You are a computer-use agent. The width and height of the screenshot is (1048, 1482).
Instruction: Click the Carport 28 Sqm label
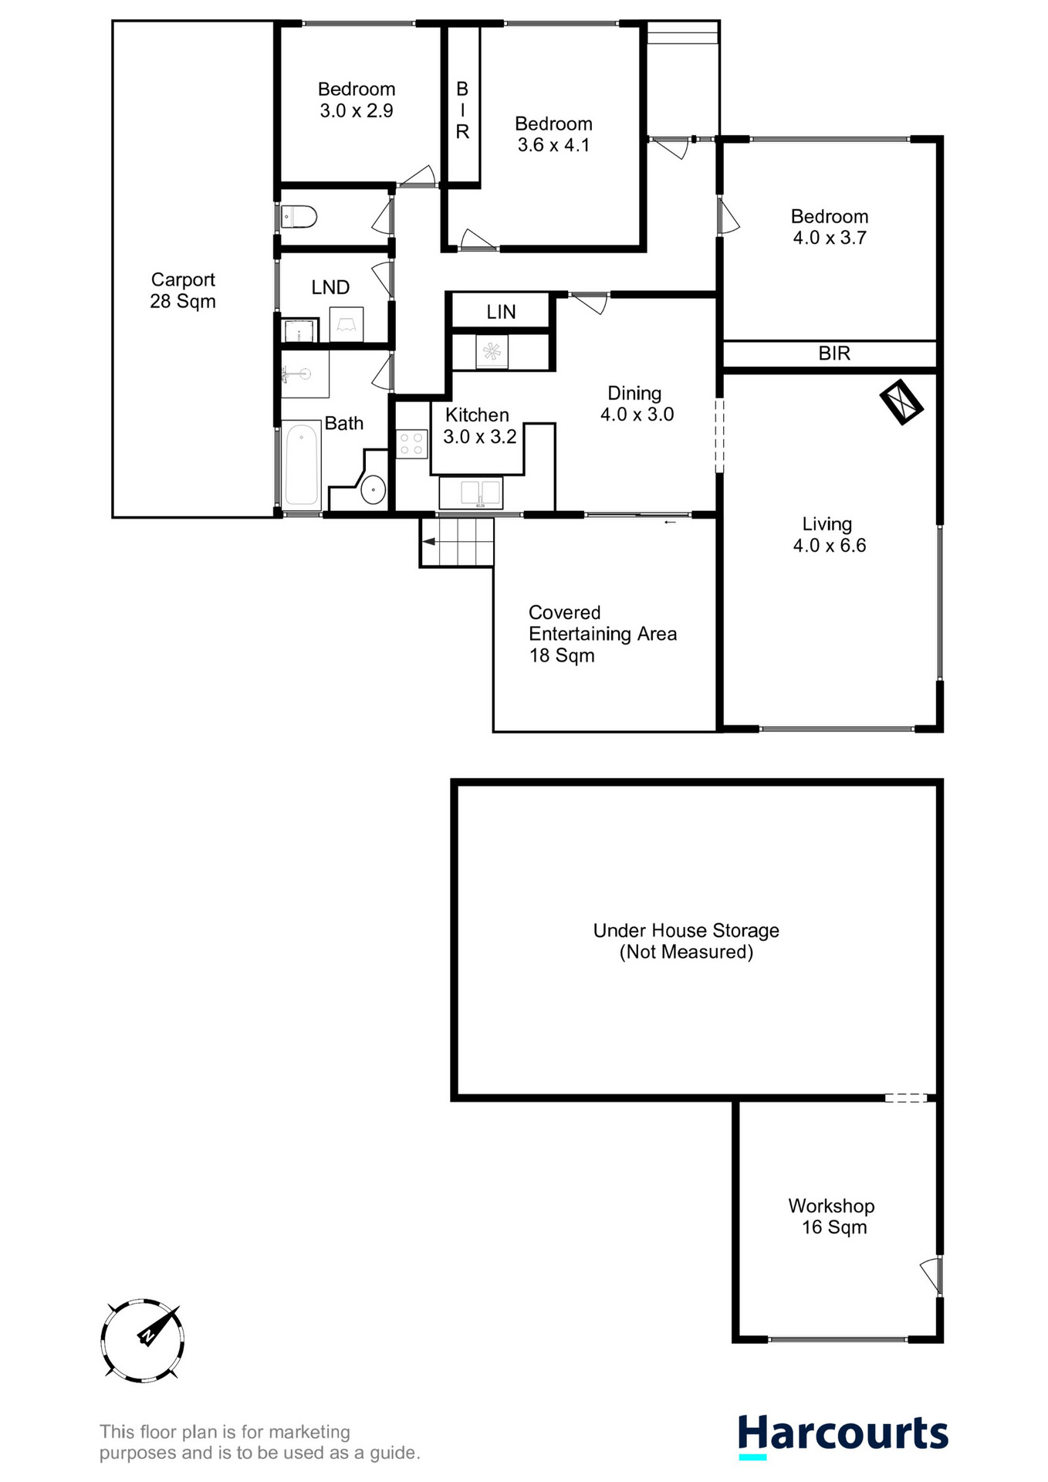click(183, 290)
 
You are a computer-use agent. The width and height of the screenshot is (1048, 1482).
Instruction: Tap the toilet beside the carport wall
click(299, 217)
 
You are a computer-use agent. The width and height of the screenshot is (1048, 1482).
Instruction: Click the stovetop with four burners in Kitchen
click(411, 443)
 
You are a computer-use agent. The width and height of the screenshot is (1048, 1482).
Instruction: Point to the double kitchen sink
click(471, 492)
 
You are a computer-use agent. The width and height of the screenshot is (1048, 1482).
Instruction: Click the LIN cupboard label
click(501, 312)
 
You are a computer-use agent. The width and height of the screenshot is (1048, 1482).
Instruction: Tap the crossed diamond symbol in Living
click(901, 401)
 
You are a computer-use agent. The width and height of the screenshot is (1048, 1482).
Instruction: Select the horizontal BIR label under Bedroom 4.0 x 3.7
click(834, 354)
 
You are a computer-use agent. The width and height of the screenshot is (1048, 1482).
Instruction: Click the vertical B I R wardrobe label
click(462, 110)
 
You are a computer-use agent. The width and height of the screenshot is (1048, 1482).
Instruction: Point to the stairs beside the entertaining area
click(457, 542)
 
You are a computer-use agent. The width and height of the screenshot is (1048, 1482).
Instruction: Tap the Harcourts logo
click(843, 1435)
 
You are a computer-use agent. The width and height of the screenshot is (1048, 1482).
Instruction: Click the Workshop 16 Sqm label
click(832, 1216)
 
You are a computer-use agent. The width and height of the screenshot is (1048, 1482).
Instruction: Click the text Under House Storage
click(686, 930)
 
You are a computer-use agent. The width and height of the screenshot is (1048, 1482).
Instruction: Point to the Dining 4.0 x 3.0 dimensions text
click(637, 414)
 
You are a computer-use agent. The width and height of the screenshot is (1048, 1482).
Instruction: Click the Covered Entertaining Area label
click(602, 633)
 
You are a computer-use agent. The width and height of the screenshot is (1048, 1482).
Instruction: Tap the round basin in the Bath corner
click(374, 489)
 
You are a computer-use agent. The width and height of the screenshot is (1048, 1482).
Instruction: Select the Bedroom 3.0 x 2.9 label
click(357, 100)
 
